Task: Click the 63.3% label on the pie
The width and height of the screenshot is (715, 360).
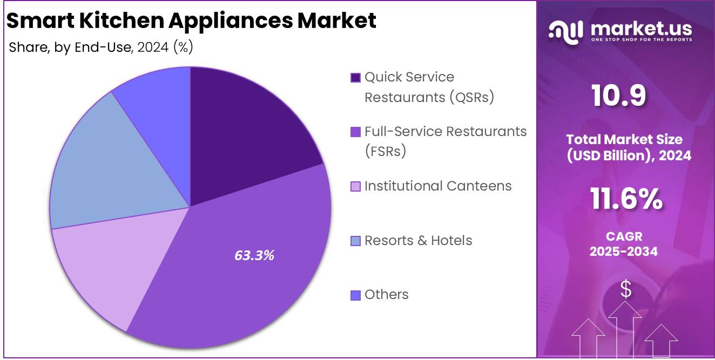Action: pos(254,255)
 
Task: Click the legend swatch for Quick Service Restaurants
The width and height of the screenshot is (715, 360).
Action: pos(355,78)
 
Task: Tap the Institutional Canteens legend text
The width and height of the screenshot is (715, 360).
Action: pos(438,186)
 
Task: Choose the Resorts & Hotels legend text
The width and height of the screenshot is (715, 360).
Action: pos(418,241)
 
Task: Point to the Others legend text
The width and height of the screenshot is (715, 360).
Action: pos(386,295)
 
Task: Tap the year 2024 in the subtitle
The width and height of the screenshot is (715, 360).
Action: pos(153,47)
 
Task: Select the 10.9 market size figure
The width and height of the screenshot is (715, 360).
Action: pos(618,96)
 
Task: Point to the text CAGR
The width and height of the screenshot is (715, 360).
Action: pos(624,236)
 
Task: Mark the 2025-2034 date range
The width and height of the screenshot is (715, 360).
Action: pos(624,251)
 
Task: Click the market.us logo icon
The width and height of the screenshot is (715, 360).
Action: pos(566,31)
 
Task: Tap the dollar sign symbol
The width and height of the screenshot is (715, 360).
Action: pos(625,290)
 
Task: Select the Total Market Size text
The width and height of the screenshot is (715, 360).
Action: pos(624,139)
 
